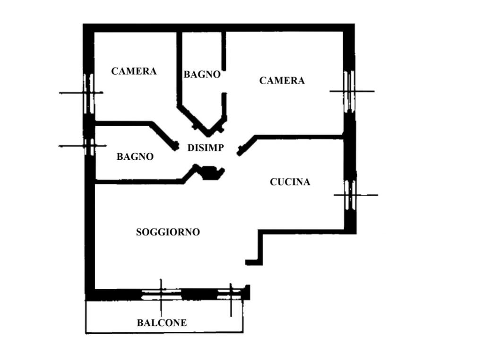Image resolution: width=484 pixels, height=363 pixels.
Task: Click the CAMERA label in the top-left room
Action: point(134,71)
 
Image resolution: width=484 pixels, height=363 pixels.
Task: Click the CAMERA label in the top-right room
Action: point(282,81)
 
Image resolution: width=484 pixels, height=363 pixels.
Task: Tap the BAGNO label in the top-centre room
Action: point(202,75)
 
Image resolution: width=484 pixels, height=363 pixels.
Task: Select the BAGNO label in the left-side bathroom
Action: point(135,157)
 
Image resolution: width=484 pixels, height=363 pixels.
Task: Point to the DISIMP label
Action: point(206,148)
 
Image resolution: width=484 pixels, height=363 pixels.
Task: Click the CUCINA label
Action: point(290,182)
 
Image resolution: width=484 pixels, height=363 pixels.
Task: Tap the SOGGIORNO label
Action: point(168,233)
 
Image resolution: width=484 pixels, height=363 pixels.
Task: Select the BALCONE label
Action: point(162,323)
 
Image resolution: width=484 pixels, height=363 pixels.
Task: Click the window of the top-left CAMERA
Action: point(88,93)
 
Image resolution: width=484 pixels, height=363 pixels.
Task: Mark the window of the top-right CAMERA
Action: point(349,91)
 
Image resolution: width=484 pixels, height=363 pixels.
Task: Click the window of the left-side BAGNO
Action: point(88,146)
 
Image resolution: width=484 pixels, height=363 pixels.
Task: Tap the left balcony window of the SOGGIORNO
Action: point(161,294)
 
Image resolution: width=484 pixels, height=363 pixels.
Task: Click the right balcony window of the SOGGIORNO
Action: point(230,294)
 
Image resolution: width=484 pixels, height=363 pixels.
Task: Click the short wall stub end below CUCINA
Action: point(253,262)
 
